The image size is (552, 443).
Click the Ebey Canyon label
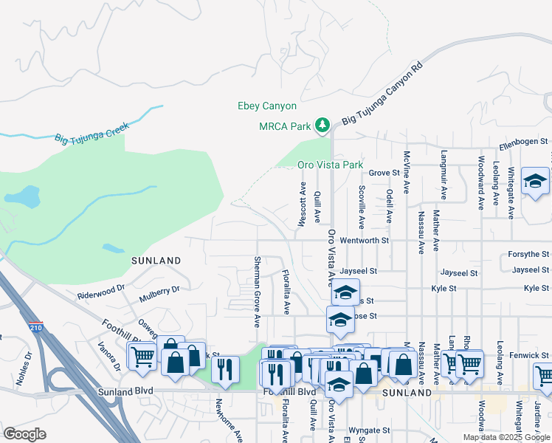tap(266, 106)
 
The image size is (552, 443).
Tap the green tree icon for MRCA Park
tap(322, 126)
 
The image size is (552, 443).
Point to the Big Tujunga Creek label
tap(92, 137)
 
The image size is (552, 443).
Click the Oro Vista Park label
tap(330, 165)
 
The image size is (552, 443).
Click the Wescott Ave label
tap(303, 202)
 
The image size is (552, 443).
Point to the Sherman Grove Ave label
tap(257, 292)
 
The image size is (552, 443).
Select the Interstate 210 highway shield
tap(38, 325)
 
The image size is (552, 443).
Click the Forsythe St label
tap(528, 254)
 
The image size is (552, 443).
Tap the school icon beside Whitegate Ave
tap(535, 181)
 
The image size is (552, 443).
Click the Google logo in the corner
tap(24, 434)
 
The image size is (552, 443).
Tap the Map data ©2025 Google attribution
tap(506, 437)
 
